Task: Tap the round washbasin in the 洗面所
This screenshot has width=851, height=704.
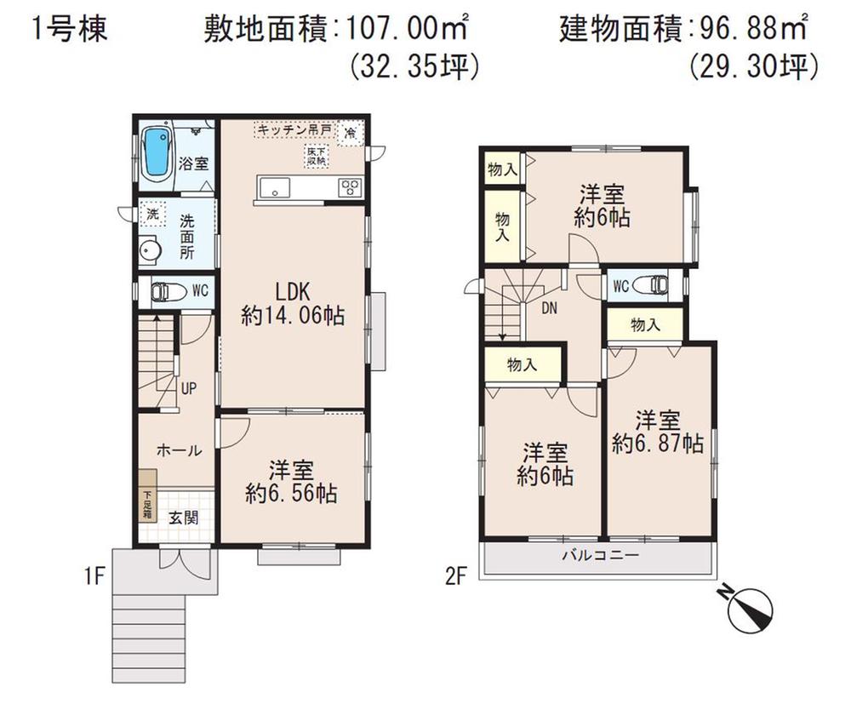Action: [x=151, y=252]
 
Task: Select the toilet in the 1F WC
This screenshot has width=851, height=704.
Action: [x=166, y=291]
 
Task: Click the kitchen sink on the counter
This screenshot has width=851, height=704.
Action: [x=274, y=189]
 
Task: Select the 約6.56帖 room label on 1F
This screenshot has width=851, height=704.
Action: [x=291, y=482]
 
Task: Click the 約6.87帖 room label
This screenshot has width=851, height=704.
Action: [x=658, y=432]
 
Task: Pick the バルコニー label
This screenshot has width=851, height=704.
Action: [x=599, y=556]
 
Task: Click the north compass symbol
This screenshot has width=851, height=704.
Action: [x=750, y=606]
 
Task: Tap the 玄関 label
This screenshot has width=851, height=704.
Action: [x=180, y=517]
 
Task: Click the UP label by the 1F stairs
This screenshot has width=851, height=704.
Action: [x=188, y=388]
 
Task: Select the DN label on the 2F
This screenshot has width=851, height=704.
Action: [x=550, y=309]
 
